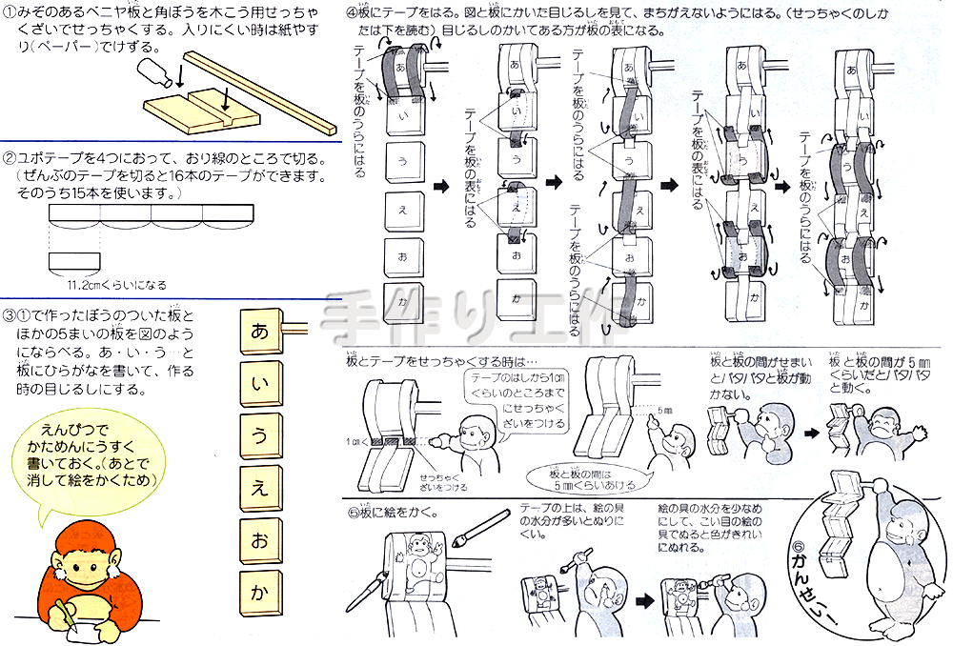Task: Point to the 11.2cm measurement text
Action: point(114,284)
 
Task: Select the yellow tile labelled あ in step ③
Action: point(259,333)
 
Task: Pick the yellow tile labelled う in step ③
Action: point(259,437)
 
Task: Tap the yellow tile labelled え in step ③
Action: point(259,490)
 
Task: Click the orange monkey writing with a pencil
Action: point(81,581)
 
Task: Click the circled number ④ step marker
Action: point(352,13)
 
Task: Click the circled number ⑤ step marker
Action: point(353,513)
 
